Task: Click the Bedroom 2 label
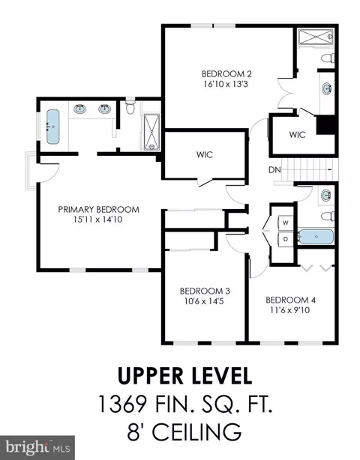point(226,73)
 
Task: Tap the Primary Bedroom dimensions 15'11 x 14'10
point(98,220)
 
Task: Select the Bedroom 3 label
point(205,291)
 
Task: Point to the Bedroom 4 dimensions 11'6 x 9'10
point(289,310)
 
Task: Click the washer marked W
point(286,223)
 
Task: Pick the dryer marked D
point(286,239)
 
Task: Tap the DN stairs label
point(274,170)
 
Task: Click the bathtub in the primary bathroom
point(52,127)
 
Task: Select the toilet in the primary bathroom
point(130,107)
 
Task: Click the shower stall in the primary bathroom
point(151,132)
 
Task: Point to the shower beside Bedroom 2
point(316,37)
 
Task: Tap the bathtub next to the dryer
point(316,237)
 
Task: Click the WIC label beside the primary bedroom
point(205,154)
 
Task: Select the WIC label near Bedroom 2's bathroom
point(297,135)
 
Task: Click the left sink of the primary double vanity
point(79,109)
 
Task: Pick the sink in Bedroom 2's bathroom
point(328,88)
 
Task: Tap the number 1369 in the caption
point(122,404)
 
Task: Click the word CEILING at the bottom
point(196,432)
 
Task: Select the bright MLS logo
point(37,448)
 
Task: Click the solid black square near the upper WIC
point(325,125)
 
